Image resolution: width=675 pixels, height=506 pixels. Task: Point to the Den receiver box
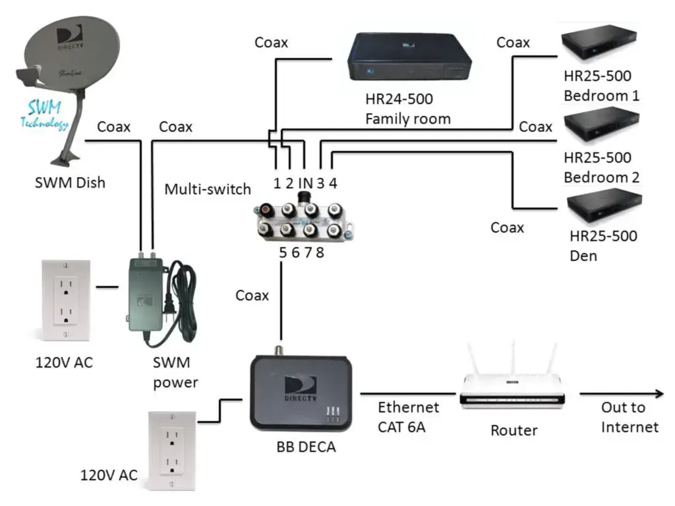click(605, 205)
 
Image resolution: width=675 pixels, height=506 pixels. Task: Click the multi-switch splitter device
click(300, 220)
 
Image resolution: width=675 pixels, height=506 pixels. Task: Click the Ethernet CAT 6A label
click(408, 417)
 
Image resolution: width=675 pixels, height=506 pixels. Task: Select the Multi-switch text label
click(208, 189)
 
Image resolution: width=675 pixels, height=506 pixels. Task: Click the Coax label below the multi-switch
click(252, 295)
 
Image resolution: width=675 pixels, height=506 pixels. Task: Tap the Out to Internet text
click(630, 417)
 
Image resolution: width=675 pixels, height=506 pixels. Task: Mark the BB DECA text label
click(305, 447)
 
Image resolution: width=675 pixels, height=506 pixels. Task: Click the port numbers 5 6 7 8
click(301, 252)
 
